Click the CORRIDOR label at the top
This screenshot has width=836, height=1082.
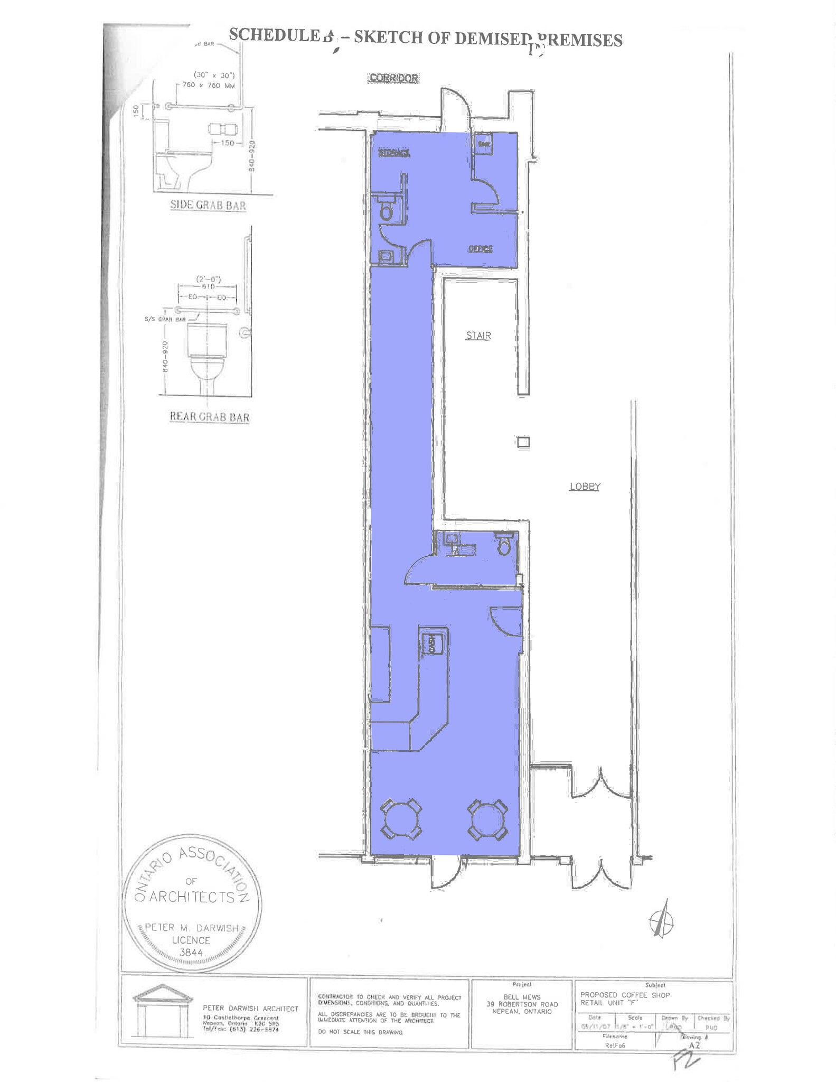tap(394, 78)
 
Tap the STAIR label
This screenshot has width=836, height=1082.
tap(478, 335)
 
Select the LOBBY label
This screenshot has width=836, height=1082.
tap(585, 487)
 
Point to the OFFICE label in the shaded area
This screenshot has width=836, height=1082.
tap(480, 249)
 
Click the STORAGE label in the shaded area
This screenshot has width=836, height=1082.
tap(394, 153)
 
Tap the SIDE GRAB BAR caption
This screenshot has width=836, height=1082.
tap(208, 206)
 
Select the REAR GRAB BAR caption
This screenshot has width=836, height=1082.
tap(209, 417)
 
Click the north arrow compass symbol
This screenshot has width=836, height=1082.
tap(661, 922)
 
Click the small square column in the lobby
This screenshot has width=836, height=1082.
tap(523, 442)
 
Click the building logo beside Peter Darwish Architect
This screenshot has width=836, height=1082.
tap(163, 1011)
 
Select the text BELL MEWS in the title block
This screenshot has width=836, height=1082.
tap(522, 997)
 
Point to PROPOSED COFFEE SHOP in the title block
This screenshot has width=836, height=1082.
tap(625, 995)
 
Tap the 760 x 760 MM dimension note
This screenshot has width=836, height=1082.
tap(209, 85)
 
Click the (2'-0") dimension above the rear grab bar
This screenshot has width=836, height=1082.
tap(208, 279)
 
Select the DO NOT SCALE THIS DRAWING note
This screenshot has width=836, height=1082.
tap(360, 1032)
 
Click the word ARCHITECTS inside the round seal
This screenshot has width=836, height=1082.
tap(191, 897)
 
